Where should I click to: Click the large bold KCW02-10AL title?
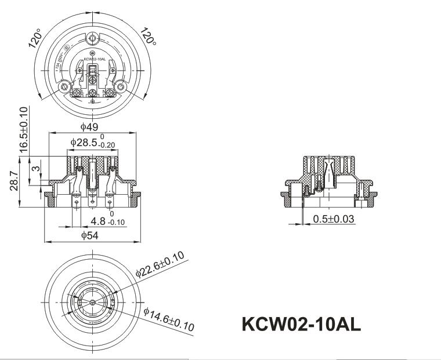(x=301, y=325)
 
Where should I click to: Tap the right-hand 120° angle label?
(x=148, y=38)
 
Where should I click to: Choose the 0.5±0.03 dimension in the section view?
(x=334, y=219)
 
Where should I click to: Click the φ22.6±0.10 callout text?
(x=160, y=264)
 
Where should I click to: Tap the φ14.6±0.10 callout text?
(x=168, y=319)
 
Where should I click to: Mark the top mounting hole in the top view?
(x=92, y=39)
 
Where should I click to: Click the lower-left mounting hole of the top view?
(x=64, y=87)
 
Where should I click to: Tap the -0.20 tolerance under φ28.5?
(x=107, y=146)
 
